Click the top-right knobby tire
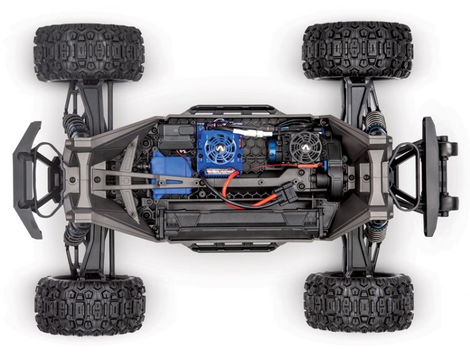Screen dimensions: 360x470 coord(357,50)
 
